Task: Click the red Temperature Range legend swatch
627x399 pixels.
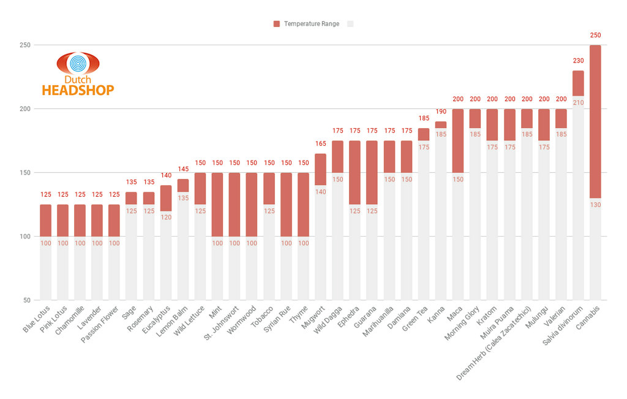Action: [x=277, y=24]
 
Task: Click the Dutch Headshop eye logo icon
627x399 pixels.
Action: [x=78, y=64]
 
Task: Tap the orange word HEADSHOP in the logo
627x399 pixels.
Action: [x=78, y=90]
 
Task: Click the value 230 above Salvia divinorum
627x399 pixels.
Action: [x=578, y=61]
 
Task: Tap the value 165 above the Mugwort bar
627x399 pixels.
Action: [x=320, y=143]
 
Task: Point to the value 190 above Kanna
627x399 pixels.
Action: [x=440, y=112]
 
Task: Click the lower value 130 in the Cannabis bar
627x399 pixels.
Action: [x=595, y=205]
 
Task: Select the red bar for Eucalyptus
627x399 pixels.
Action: [x=166, y=198]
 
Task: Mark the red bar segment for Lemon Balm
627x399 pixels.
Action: [x=183, y=185]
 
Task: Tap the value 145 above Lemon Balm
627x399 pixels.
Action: [x=183, y=169]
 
